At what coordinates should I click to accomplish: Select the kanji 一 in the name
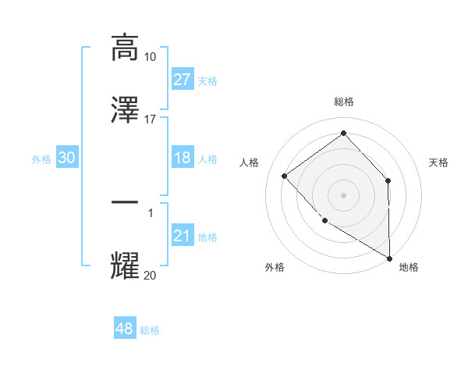click(x=125, y=202)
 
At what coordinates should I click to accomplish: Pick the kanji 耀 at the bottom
click(x=125, y=265)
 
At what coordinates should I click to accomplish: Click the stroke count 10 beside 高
click(x=151, y=57)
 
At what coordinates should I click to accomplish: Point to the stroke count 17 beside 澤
click(x=151, y=119)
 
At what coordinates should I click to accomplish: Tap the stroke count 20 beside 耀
click(x=151, y=275)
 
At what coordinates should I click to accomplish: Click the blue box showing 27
click(x=183, y=80)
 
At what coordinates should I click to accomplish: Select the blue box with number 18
click(x=183, y=158)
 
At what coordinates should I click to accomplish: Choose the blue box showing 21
click(x=183, y=236)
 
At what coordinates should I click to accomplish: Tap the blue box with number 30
click(x=67, y=158)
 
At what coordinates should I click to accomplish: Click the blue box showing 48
click(x=125, y=329)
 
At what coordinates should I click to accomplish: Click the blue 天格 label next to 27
click(x=207, y=81)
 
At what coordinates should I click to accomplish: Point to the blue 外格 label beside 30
click(x=41, y=159)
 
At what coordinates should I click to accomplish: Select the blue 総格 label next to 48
click(x=150, y=330)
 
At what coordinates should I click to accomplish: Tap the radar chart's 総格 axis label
click(x=344, y=102)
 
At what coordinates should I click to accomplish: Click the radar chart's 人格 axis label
click(x=250, y=162)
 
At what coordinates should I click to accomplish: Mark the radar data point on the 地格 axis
click(x=389, y=257)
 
